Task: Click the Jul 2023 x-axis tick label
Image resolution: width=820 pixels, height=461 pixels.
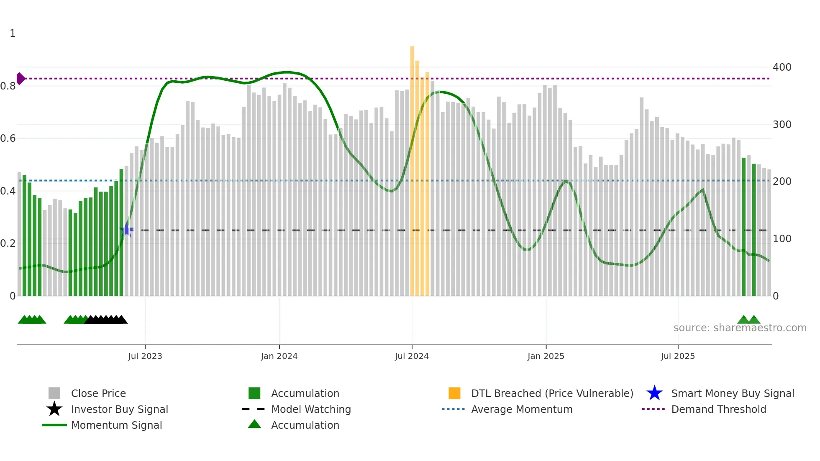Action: pyautogui.click(x=145, y=356)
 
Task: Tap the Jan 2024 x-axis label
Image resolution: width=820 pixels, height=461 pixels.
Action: pyautogui.click(x=279, y=356)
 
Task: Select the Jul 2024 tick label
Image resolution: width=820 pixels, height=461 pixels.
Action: pyautogui.click(x=412, y=356)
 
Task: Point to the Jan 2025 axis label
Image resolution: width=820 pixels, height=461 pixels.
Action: pyautogui.click(x=546, y=356)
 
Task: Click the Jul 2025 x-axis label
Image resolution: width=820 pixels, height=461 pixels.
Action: pyautogui.click(x=678, y=356)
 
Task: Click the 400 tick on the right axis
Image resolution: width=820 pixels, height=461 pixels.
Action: pyautogui.click(x=782, y=67)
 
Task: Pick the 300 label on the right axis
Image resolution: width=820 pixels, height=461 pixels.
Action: pyautogui.click(x=782, y=125)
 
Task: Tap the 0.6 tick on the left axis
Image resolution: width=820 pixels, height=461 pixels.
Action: pyautogui.click(x=8, y=138)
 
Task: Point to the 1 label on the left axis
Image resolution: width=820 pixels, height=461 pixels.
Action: pyautogui.click(x=13, y=33)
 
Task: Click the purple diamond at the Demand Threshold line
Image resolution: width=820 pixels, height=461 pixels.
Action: pyautogui.click(x=20, y=79)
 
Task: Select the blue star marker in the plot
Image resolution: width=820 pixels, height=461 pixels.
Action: pyautogui.click(x=126, y=230)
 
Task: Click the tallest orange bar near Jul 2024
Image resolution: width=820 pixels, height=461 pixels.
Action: pyautogui.click(x=412, y=167)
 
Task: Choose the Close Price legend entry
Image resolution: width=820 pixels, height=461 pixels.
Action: pyautogui.click(x=98, y=393)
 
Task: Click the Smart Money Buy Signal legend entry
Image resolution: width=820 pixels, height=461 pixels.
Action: pyautogui.click(x=732, y=393)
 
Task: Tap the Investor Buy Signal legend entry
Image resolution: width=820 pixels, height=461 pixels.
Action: pyautogui.click(x=119, y=409)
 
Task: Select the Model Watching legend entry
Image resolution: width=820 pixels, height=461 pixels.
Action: pyautogui.click(x=311, y=409)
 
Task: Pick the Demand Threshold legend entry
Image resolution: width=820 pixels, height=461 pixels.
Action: pyautogui.click(x=718, y=409)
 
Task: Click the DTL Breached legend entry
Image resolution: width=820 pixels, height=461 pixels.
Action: pyautogui.click(x=552, y=393)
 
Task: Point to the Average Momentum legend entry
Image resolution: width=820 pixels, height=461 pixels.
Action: pyautogui.click(x=522, y=409)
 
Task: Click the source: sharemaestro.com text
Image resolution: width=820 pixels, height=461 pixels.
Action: pyautogui.click(x=740, y=328)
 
